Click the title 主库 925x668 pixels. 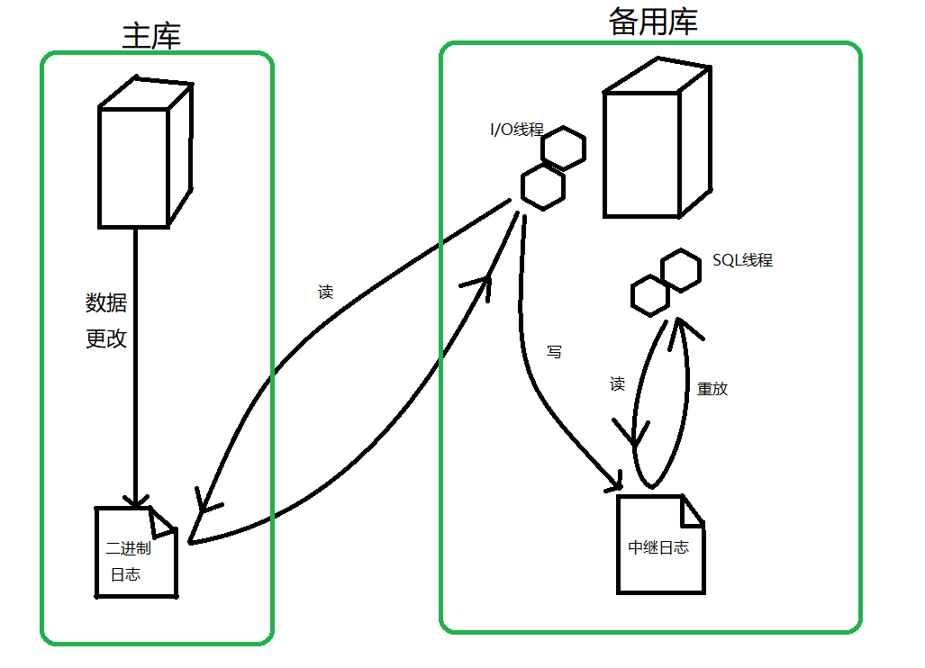click(151, 35)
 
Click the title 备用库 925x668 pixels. click(653, 23)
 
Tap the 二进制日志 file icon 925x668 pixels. click(136, 553)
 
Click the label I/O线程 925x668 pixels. click(516, 130)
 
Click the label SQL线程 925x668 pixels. click(742, 260)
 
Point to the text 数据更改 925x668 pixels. click(106, 320)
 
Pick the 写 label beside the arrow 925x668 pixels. click(554, 352)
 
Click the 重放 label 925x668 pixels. click(712, 389)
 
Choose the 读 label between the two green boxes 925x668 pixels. click(325, 293)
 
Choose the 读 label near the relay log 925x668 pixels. click(617, 384)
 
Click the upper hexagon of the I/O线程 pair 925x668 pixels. click(564, 149)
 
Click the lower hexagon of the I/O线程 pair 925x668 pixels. click(543, 186)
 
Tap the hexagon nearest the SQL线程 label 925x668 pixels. click(680, 269)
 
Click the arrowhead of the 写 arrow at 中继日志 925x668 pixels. click(616, 485)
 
